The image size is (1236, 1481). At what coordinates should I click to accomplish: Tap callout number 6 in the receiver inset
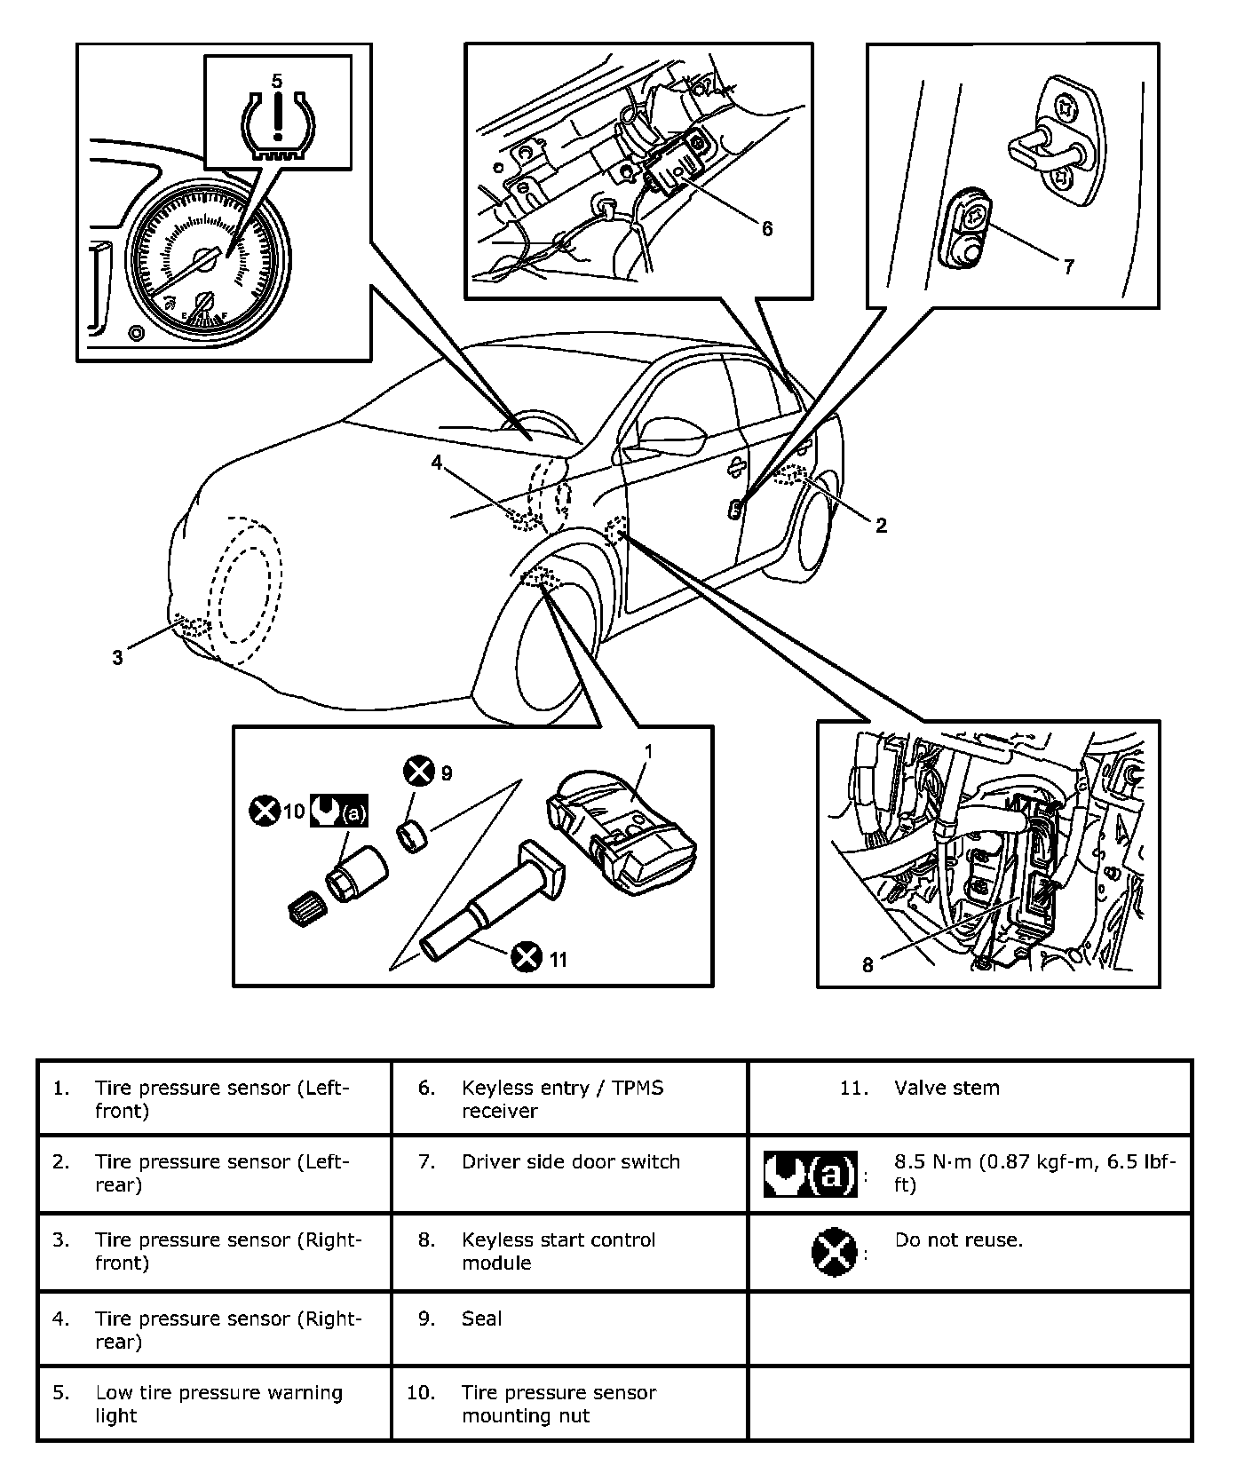pyautogui.click(x=767, y=228)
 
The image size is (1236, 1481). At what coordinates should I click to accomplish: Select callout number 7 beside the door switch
pyautogui.click(x=1069, y=265)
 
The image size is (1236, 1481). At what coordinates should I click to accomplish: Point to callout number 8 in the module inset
pyautogui.click(x=868, y=964)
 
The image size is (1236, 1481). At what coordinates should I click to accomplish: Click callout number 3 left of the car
pyautogui.click(x=117, y=658)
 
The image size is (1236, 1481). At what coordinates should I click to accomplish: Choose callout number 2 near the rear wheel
pyautogui.click(x=881, y=526)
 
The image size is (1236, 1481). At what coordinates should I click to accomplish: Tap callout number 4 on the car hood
pyautogui.click(x=436, y=463)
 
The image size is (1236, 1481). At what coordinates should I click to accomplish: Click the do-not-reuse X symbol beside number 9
pyautogui.click(x=418, y=772)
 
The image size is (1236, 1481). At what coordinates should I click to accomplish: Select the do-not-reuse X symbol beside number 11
pyautogui.click(x=527, y=958)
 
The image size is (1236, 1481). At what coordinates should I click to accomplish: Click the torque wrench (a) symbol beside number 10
pyautogui.click(x=338, y=812)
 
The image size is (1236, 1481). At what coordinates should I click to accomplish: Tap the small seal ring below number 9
pyautogui.click(x=411, y=836)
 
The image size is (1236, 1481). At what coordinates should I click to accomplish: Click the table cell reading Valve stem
pyautogui.click(x=947, y=1088)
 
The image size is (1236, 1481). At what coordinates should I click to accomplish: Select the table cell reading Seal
pyautogui.click(x=481, y=1319)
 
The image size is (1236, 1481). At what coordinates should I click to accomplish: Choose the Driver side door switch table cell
pyautogui.click(x=570, y=1161)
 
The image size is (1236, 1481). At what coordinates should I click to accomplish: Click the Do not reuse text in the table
pyautogui.click(x=958, y=1239)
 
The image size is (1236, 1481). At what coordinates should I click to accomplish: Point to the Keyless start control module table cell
pyautogui.click(x=559, y=1251)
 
